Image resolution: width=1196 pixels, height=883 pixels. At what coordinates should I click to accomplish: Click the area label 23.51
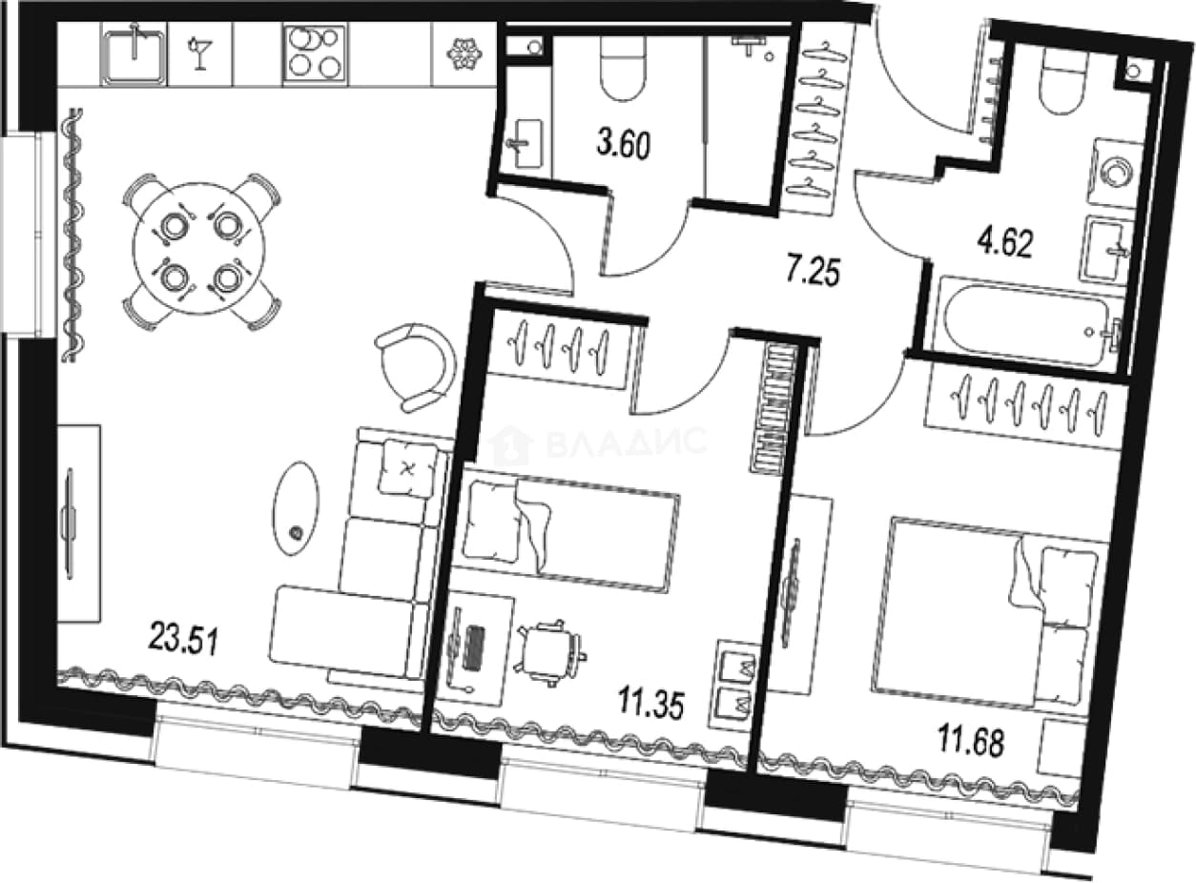[x=184, y=638]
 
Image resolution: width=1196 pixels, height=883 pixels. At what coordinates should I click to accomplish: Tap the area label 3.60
[x=624, y=145]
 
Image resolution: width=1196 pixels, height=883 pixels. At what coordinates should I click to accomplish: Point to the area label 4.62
[x=1005, y=244]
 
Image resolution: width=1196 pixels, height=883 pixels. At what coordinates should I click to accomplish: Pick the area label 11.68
[x=971, y=741]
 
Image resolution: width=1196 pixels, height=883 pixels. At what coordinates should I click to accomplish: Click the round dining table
[x=199, y=249]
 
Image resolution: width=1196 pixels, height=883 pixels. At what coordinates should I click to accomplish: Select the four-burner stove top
[x=316, y=54]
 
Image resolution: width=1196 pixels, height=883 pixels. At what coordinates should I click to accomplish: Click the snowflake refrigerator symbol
[x=464, y=54]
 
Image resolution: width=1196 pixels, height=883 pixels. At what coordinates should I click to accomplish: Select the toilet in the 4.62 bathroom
[x=1062, y=87]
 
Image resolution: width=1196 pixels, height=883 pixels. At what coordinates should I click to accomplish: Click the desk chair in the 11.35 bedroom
[x=549, y=652]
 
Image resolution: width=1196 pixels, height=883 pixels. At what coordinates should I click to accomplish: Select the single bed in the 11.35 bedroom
[x=564, y=533]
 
